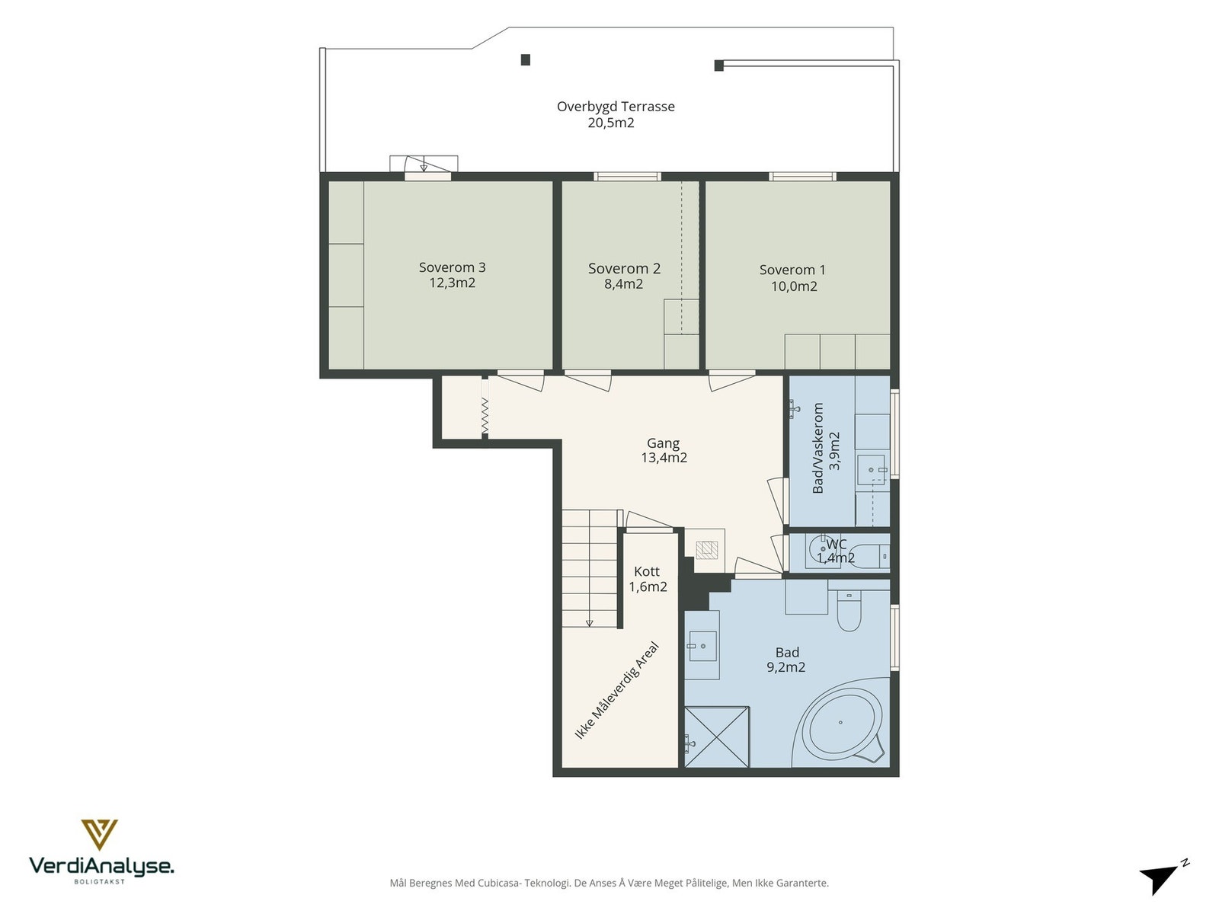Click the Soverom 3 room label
point(452,267)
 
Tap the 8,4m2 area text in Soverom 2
point(624,284)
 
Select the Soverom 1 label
point(792,270)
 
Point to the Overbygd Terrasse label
point(616,107)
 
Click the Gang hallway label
point(663,443)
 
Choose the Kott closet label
point(647,571)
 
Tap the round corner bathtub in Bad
point(840,723)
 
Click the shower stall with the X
point(717,737)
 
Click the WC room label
point(837,544)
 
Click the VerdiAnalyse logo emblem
point(99,835)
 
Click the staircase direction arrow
point(589,623)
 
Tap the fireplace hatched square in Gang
point(707,549)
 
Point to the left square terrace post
point(526,60)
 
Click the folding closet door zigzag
point(485,415)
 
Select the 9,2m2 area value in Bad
point(785,667)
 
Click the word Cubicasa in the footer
point(500,883)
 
